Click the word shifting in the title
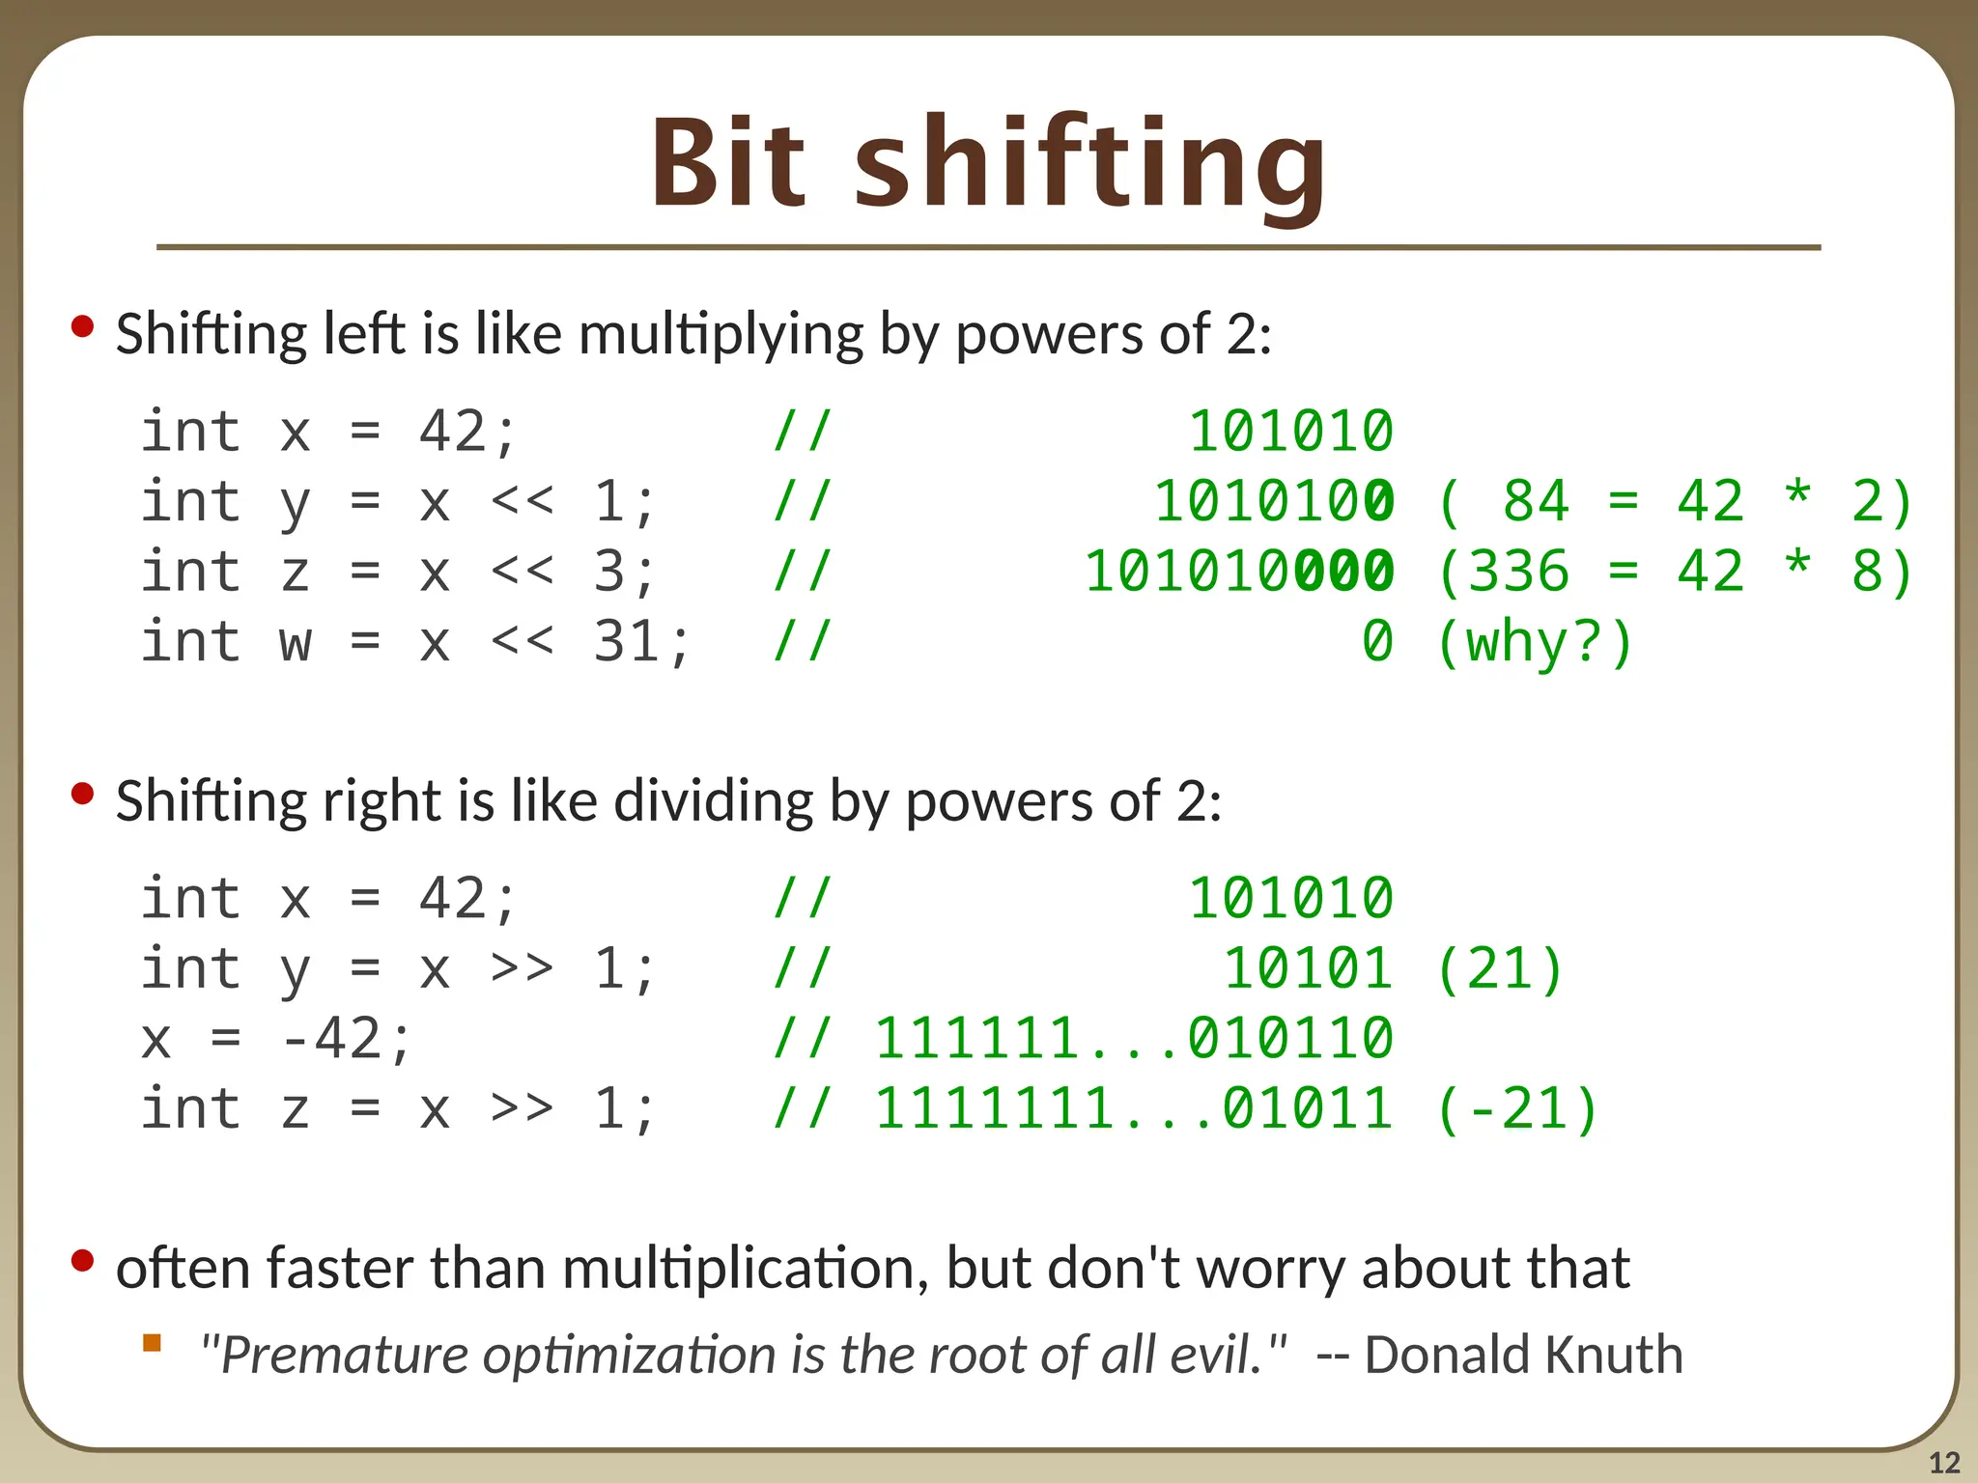click(x=1090, y=166)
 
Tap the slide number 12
click(x=1944, y=1463)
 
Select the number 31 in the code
click(x=627, y=641)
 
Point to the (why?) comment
click(x=1535, y=642)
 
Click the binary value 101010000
click(x=1239, y=571)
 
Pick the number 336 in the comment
click(x=1518, y=571)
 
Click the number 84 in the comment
click(x=1536, y=501)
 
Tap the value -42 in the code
click(x=330, y=1039)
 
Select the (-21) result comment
click(x=1517, y=1108)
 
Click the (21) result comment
click(x=1500, y=969)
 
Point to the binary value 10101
click(x=1308, y=969)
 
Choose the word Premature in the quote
click(x=344, y=1354)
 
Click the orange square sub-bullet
click(x=152, y=1342)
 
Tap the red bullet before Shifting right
click(x=83, y=794)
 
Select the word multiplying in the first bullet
click(x=721, y=334)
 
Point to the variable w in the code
click(x=296, y=641)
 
